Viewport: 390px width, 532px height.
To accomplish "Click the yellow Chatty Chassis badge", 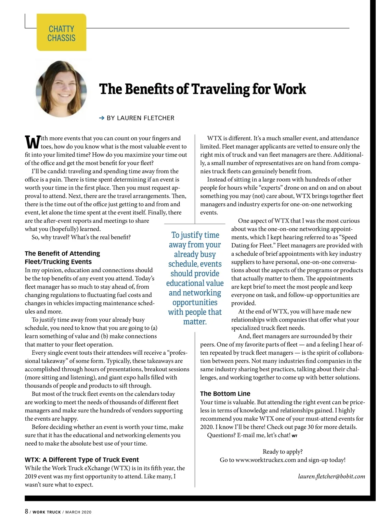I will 61,32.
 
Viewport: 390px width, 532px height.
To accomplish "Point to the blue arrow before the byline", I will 101,118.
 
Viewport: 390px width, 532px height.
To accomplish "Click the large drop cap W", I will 32,142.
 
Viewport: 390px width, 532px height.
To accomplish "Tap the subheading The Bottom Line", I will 225,394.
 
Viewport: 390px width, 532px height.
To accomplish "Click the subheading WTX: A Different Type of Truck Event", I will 82,460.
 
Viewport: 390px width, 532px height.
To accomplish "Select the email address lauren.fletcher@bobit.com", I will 331,476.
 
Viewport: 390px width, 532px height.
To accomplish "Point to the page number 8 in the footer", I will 27,511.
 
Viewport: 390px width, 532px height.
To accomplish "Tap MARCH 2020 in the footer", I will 78,512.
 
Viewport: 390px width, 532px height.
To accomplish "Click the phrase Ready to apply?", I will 282,451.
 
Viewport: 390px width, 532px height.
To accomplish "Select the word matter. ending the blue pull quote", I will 195,322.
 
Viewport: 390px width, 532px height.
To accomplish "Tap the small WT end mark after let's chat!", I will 294,436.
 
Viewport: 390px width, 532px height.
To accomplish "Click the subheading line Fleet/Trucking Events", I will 58,262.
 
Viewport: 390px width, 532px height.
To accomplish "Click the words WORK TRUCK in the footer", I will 47,512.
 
